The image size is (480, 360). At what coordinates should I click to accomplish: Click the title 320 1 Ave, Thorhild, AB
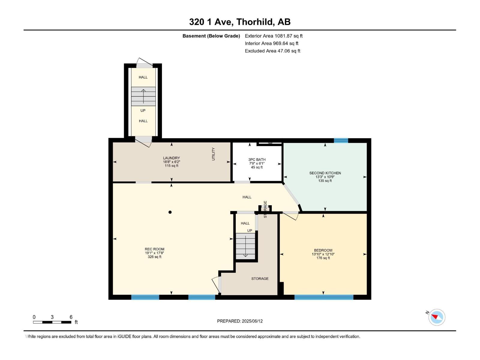coord(240,22)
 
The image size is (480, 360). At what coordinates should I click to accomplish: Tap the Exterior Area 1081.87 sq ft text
coord(274,36)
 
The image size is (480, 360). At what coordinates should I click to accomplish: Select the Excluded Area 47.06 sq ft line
coord(272,51)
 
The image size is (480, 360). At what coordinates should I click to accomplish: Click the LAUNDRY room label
coord(171,158)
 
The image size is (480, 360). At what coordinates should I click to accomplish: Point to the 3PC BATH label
coord(257,160)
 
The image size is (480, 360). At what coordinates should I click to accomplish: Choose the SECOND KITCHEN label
coord(325,173)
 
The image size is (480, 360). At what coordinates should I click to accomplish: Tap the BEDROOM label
coord(323,250)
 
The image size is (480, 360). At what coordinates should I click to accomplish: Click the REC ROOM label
coord(154,249)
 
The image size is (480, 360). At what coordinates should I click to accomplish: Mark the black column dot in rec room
coord(170,212)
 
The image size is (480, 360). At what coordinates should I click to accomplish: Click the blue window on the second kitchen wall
coord(341,140)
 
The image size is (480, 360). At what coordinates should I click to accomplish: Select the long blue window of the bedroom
coord(324,297)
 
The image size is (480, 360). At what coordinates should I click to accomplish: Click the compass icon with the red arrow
coord(437,317)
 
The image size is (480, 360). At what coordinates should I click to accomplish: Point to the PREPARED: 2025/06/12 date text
coord(240,321)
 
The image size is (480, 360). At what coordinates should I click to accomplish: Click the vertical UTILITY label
coord(214,154)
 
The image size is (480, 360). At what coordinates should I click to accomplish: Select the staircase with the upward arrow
coord(143,96)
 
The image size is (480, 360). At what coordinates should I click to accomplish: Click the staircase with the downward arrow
coord(245,246)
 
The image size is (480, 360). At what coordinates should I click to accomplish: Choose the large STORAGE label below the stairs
coord(260,279)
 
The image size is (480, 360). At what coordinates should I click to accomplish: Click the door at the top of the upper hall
coord(144,64)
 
